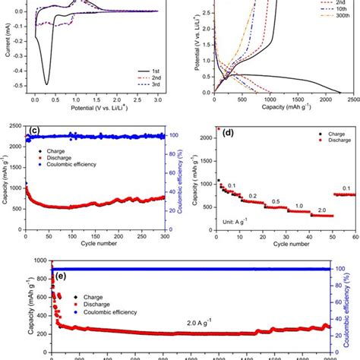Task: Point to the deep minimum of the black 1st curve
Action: [x=47, y=84]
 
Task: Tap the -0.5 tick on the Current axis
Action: [x=21, y=84]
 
